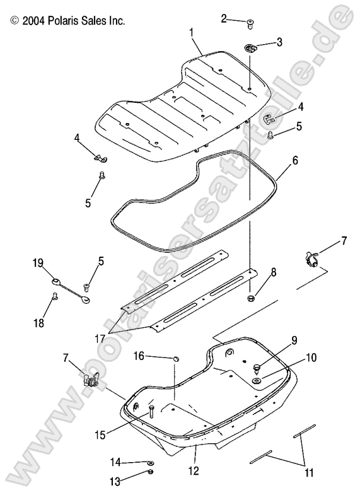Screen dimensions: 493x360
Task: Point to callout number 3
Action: [279, 43]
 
